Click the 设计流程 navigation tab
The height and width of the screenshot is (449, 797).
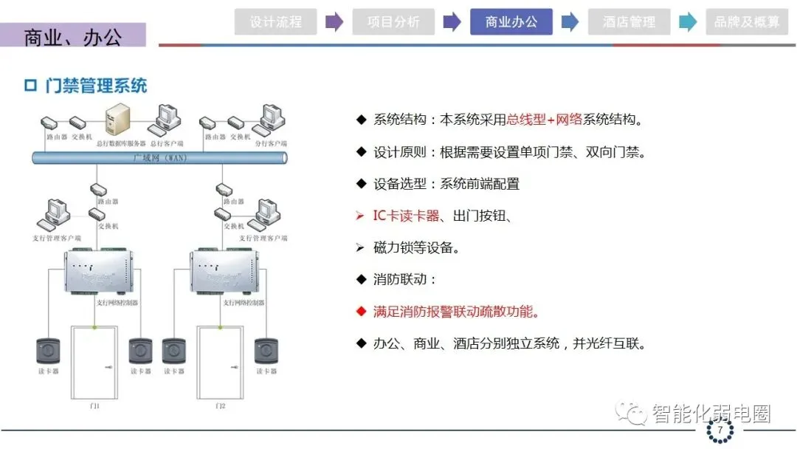coord(275,22)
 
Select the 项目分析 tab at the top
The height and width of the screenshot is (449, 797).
coord(393,22)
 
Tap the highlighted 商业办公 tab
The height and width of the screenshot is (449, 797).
coord(511,22)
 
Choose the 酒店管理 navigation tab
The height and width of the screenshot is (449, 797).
coord(629,22)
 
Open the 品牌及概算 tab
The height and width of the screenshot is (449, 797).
coord(747,22)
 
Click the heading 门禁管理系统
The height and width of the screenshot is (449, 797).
coord(95,86)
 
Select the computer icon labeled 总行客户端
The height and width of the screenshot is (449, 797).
coord(167,118)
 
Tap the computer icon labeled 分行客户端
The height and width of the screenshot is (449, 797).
coord(270,118)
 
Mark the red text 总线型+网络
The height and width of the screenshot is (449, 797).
coord(545,120)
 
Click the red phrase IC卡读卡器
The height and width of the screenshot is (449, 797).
coord(407,216)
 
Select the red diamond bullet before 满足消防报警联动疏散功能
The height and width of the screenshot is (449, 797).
coord(361,312)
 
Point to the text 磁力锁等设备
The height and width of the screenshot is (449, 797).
coord(417,248)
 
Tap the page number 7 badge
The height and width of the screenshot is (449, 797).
coord(719,430)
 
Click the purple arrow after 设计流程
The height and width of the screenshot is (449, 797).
coord(334,22)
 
